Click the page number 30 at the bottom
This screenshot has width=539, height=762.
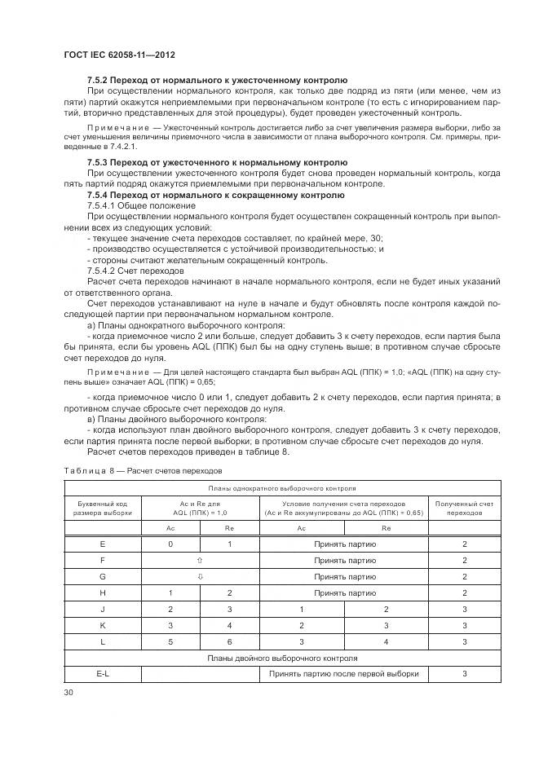coord(68,692)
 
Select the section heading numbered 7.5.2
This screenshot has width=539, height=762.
coord(217,80)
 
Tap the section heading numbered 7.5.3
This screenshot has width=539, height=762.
coord(217,162)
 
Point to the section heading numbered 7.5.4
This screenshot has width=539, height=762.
coord(215,196)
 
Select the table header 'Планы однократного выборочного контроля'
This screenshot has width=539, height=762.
coord(282,489)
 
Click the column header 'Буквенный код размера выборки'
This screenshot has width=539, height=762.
coord(102,509)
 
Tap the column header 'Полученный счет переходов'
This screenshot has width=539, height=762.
coord(464,509)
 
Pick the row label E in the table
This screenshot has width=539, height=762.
coord(102,544)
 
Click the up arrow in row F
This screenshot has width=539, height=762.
coord(201,561)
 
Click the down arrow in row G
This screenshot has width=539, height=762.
coord(201,576)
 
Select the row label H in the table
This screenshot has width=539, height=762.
coord(102,592)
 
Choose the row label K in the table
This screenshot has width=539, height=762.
coord(102,625)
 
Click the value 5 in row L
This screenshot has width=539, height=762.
coord(170,641)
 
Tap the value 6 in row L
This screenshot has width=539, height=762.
coord(230,641)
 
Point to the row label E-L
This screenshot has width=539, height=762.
coord(102,674)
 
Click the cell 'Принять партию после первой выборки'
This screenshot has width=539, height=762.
coord(345,674)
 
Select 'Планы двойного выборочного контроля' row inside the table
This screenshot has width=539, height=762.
coord(282,658)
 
